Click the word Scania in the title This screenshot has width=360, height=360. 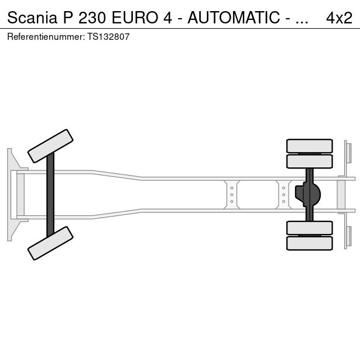coord(32,18)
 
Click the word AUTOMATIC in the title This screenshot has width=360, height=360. coord(234,18)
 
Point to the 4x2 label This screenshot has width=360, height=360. coord(339,18)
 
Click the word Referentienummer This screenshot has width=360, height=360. coord(46,37)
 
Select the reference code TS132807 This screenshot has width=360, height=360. coord(108,37)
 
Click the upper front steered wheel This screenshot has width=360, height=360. coord(50,146)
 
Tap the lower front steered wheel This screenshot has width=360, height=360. coord(50,243)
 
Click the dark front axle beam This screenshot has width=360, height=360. coord(50,195)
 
